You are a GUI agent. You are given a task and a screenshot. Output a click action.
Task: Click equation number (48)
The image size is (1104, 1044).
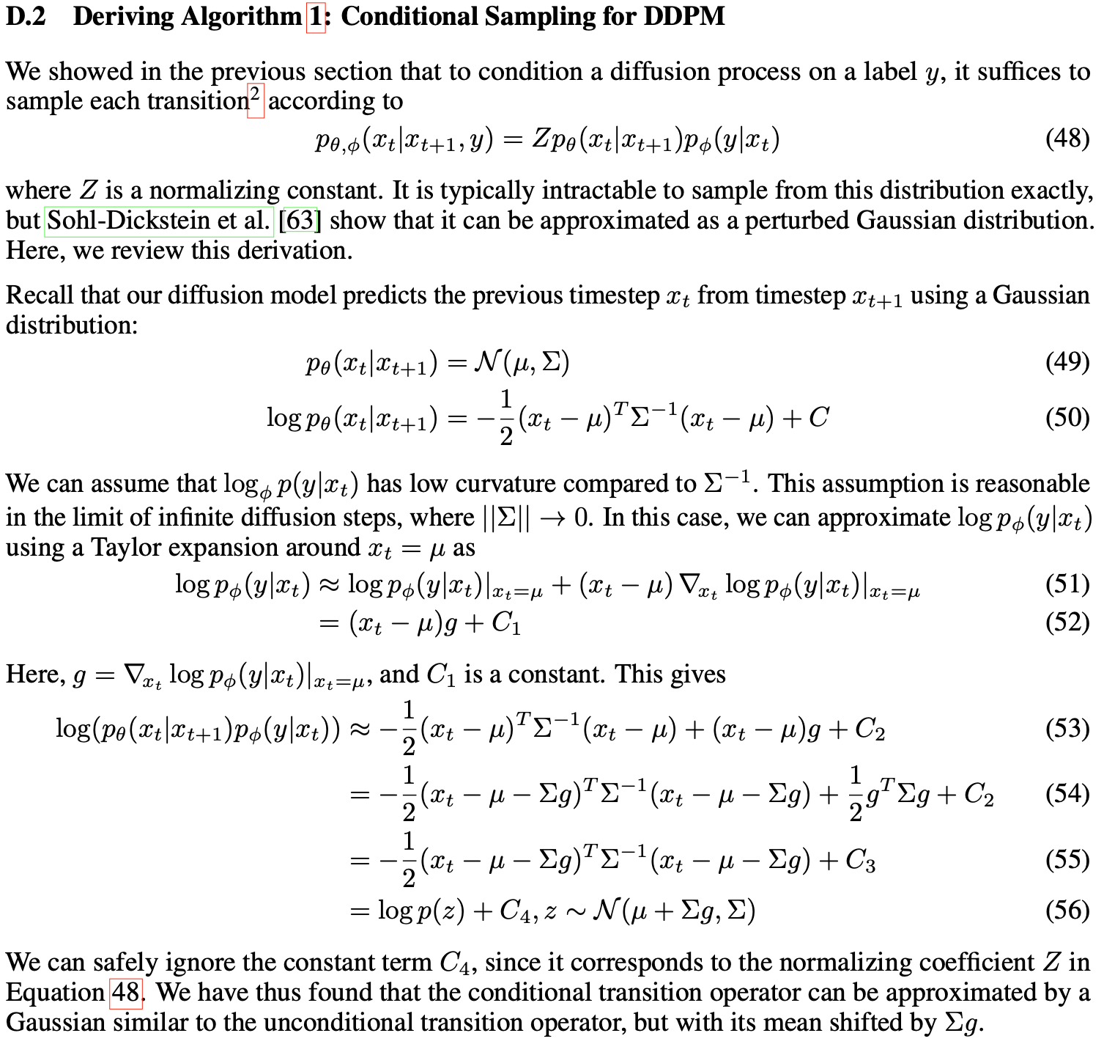[1067, 138]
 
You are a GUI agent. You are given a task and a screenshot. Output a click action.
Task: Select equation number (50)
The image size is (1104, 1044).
[1067, 417]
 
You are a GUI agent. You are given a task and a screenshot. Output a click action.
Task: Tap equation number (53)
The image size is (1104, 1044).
[1067, 728]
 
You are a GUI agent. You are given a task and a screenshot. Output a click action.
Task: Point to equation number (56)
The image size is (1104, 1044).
[1067, 910]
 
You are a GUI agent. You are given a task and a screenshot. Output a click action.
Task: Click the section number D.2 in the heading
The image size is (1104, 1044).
[26, 16]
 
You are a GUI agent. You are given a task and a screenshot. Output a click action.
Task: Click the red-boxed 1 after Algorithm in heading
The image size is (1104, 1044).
[316, 16]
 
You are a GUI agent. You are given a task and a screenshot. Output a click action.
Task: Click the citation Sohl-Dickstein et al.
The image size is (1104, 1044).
[158, 221]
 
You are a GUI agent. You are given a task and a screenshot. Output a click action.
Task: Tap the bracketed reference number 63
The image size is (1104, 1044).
[300, 221]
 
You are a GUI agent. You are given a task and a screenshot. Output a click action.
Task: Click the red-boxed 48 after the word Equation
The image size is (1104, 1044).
[125, 993]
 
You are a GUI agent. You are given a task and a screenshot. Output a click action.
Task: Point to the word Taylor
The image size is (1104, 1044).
[122, 548]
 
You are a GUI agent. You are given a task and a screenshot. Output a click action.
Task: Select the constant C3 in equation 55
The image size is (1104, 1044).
[860, 860]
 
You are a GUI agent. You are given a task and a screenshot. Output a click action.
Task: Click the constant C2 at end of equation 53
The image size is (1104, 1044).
[870, 729]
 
